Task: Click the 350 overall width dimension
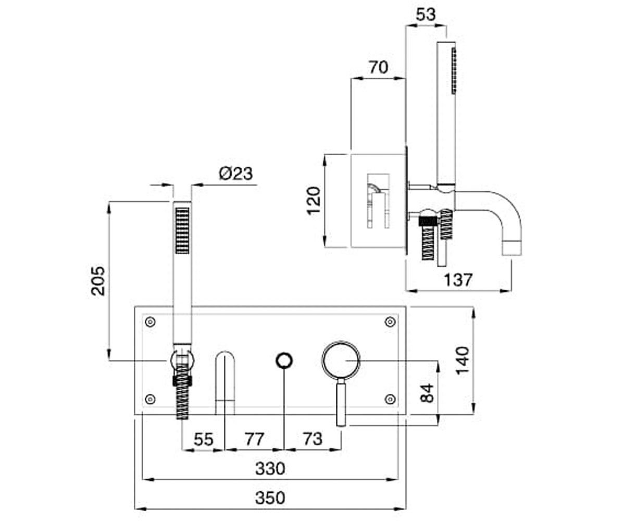click(x=270, y=498)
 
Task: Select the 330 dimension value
click(x=270, y=468)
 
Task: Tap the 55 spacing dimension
click(x=204, y=439)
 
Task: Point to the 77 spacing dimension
click(x=255, y=439)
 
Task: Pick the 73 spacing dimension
click(x=313, y=439)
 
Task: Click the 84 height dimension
click(x=427, y=393)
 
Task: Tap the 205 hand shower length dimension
click(x=98, y=281)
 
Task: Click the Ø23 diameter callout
click(x=236, y=173)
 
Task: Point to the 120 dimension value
click(x=314, y=201)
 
